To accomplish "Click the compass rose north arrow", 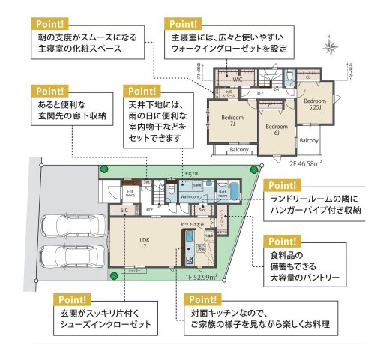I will click(x=330, y=46).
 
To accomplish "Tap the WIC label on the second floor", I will click(x=235, y=79).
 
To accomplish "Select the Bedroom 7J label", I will click(x=232, y=121).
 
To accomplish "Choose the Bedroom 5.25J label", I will click(x=315, y=103).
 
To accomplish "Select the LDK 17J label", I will click(x=145, y=243).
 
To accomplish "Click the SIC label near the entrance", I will click(x=124, y=211).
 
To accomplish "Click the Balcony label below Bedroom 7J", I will click(x=238, y=150).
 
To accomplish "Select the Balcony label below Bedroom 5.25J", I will click(x=309, y=140).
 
